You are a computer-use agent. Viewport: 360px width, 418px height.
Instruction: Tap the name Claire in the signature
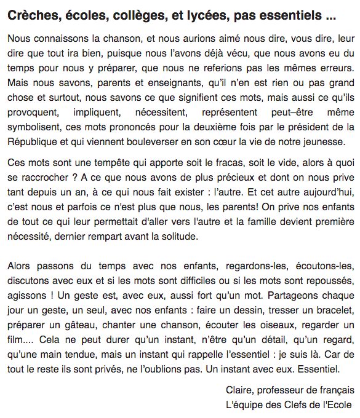point(240,390)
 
